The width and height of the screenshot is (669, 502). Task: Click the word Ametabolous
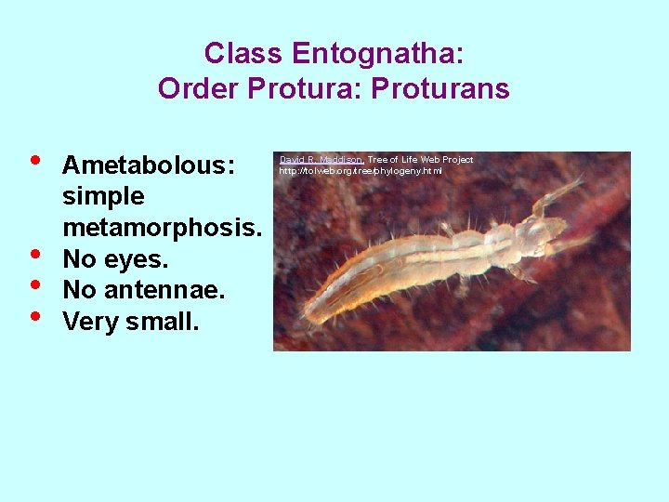tap(148, 165)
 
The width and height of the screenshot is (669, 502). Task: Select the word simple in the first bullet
tap(103, 196)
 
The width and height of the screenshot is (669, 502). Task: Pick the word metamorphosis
tap(164, 227)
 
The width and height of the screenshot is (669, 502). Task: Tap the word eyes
tap(137, 258)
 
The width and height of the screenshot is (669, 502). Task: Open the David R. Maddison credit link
tap(321, 160)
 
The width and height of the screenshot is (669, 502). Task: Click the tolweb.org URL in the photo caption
tap(361, 171)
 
